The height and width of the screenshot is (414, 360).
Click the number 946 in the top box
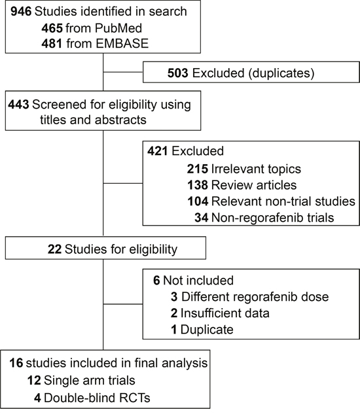pyautogui.click(x=21, y=11)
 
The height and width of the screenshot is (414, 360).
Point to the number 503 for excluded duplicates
pyautogui.click(x=178, y=73)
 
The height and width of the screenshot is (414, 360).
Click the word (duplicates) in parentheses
pyautogui.click(x=281, y=73)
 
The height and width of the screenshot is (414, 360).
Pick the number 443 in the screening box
pyautogui.click(x=18, y=104)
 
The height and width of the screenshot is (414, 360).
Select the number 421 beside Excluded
pyautogui.click(x=158, y=151)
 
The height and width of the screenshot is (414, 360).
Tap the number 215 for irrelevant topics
pyautogui.click(x=198, y=169)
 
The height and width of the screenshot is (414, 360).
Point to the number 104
pyautogui.click(x=198, y=201)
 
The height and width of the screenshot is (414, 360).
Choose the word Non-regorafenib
pyautogui.click(x=257, y=218)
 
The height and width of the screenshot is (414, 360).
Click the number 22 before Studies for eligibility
pyautogui.click(x=55, y=249)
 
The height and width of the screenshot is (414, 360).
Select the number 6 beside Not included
pyautogui.click(x=156, y=281)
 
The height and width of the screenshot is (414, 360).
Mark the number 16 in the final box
pyautogui.click(x=16, y=363)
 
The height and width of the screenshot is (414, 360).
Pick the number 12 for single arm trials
pyautogui.click(x=34, y=381)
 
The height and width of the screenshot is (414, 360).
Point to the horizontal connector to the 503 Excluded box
pyautogui.click(x=123, y=72)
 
